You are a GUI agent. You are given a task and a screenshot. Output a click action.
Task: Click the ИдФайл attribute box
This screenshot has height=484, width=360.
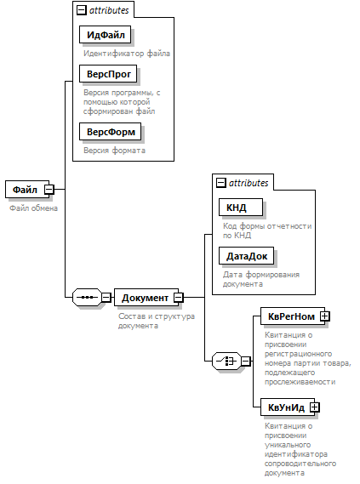click(105, 35)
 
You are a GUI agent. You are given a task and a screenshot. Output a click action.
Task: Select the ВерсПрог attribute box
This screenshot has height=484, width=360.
click(108, 74)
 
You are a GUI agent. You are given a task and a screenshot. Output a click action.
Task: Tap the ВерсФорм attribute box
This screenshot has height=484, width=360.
click(111, 132)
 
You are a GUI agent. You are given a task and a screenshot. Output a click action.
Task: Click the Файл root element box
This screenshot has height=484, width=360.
click(27, 189)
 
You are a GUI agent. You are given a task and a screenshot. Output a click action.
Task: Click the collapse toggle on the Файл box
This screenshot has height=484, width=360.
click(49, 189)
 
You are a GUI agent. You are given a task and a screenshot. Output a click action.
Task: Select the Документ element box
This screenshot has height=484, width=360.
click(146, 297)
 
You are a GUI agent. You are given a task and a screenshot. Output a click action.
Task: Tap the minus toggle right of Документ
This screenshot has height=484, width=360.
click(179, 297)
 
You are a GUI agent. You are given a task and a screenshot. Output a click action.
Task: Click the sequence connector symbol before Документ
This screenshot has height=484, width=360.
click(87, 297)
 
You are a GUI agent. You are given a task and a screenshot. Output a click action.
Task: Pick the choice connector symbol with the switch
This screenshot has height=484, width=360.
click(226, 361)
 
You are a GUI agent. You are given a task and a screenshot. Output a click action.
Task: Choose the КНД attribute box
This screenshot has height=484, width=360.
click(241, 207)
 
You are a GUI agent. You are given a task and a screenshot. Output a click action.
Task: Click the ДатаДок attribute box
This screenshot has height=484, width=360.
click(246, 255)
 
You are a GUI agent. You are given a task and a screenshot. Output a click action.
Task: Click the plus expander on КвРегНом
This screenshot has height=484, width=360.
click(325, 316)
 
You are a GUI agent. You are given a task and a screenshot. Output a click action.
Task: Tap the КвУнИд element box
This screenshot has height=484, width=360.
click(288, 407)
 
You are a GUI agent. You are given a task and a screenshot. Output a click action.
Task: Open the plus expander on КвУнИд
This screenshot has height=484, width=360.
click(314, 407)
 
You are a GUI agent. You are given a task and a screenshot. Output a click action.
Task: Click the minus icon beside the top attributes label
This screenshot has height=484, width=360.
click(81, 10)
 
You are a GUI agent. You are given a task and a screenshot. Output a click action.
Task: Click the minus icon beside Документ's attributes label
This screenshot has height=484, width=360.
click(220, 183)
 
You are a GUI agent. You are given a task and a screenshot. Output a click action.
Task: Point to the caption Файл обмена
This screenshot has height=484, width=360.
click(33, 208)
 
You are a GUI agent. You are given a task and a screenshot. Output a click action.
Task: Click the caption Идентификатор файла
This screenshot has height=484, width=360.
click(127, 54)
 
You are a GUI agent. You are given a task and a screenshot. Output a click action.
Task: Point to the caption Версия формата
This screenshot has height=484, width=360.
click(114, 151)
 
